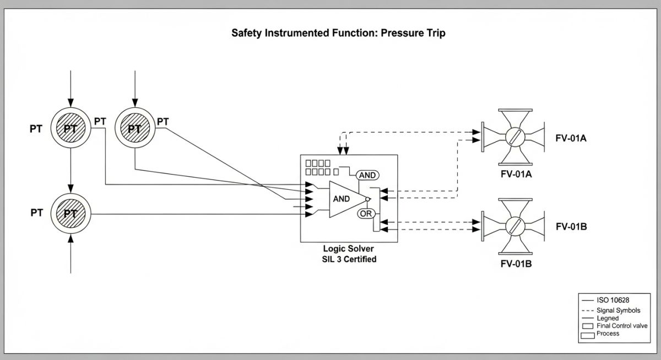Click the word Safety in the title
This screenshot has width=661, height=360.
coord(247,33)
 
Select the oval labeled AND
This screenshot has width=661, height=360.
coord(367,175)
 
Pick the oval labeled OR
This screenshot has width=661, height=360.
coord(366,213)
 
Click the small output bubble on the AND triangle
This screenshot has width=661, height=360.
coord(368,199)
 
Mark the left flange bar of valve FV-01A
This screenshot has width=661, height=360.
coord(483,136)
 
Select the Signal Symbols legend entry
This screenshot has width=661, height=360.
coord(619,310)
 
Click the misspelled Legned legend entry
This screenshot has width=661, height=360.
coord(608,318)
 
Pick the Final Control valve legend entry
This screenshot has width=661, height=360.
coord(622,326)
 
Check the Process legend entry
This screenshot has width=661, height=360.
coord(608,334)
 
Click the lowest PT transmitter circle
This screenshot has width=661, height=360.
coord(70,214)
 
